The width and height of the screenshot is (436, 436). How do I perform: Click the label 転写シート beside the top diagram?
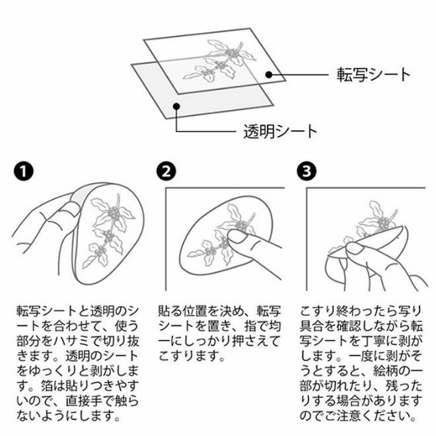[x=374, y=75]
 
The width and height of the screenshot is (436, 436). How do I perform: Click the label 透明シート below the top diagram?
[x=280, y=131]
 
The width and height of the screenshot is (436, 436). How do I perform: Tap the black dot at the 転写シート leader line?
[x=269, y=75]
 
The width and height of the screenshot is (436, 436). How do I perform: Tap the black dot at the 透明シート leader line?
[x=176, y=106]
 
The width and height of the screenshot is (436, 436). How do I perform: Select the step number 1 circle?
[x=24, y=171]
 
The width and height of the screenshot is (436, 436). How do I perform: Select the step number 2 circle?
[x=166, y=171]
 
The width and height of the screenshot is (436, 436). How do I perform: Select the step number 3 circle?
[x=307, y=171]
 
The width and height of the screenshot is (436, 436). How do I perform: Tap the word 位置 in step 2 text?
[x=195, y=311]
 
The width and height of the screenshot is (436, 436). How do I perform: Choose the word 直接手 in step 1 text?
[x=84, y=401]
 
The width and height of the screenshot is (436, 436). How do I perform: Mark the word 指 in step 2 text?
[x=250, y=326]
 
